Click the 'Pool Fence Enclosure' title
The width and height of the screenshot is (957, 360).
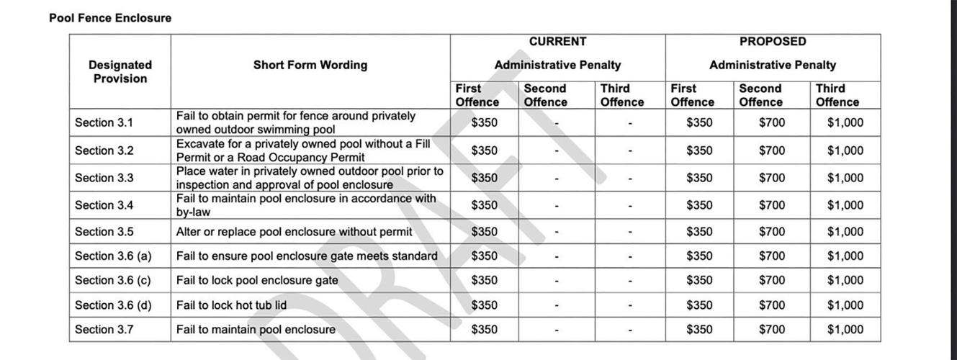tap(110, 18)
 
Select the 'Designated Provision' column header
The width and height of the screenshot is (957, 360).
tap(120, 72)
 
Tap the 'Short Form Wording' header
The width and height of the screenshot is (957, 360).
tap(310, 65)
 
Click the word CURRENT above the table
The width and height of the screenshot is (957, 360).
tap(557, 42)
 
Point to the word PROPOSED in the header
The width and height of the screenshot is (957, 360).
tap(772, 42)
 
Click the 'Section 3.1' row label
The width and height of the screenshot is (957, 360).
tap(104, 122)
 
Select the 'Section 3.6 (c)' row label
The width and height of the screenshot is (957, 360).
tap(112, 280)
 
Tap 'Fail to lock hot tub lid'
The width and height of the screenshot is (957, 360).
tap(231, 305)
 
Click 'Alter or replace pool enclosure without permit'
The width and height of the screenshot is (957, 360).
tap(294, 232)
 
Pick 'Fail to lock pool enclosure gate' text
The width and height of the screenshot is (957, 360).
tap(257, 280)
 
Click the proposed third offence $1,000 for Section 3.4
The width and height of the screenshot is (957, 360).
tap(845, 205)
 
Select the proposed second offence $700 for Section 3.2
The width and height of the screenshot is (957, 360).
tap(771, 150)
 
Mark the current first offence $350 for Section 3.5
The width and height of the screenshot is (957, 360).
tap(483, 232)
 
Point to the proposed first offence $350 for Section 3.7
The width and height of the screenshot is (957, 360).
tap(698, 329)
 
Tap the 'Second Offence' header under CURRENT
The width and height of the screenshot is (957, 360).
tap(544, 95)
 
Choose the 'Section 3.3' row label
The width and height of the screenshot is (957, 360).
tap(104, 178)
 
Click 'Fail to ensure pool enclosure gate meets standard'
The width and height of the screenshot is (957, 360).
tap(307, 256)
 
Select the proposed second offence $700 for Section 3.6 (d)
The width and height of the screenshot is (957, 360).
tap(771, 305)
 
